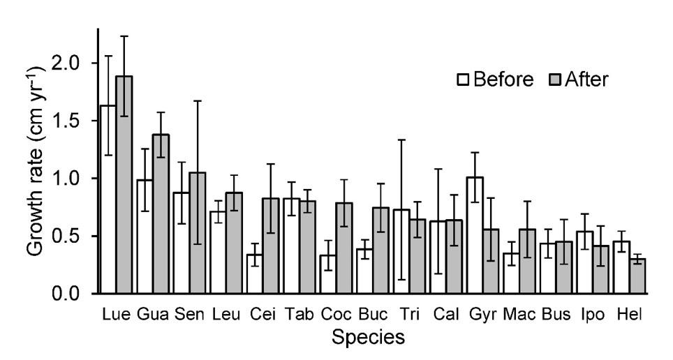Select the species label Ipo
coord(592,315)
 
